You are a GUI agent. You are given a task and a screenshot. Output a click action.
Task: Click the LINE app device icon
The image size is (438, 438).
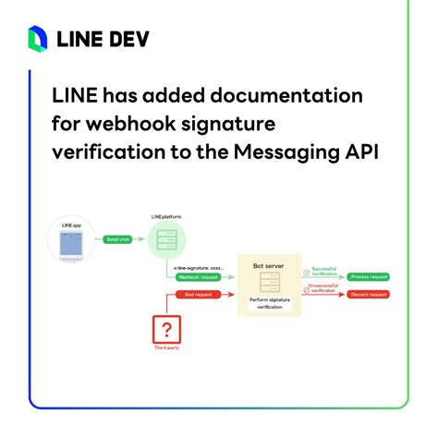point(70,243)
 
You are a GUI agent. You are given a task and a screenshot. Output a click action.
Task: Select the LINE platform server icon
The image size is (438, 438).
point(167,243)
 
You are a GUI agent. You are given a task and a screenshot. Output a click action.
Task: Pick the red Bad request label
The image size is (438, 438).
point(195,295)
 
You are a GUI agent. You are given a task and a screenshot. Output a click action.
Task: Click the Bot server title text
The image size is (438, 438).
point(271,266)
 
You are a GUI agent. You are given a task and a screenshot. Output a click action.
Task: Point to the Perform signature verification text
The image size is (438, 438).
point(271,304)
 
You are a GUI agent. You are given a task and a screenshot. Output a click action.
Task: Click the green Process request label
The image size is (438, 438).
point(367,275)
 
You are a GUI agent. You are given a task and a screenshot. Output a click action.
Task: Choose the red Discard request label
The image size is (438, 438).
point(367,295)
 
